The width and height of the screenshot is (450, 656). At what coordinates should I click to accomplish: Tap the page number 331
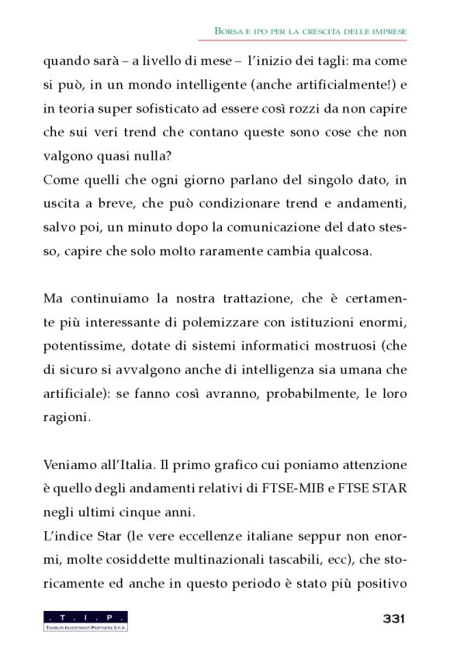pos(393,618)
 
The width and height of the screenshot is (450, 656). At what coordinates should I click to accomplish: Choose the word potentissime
pos(81,347)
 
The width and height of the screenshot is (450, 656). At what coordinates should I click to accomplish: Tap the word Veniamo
pos(69,466)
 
